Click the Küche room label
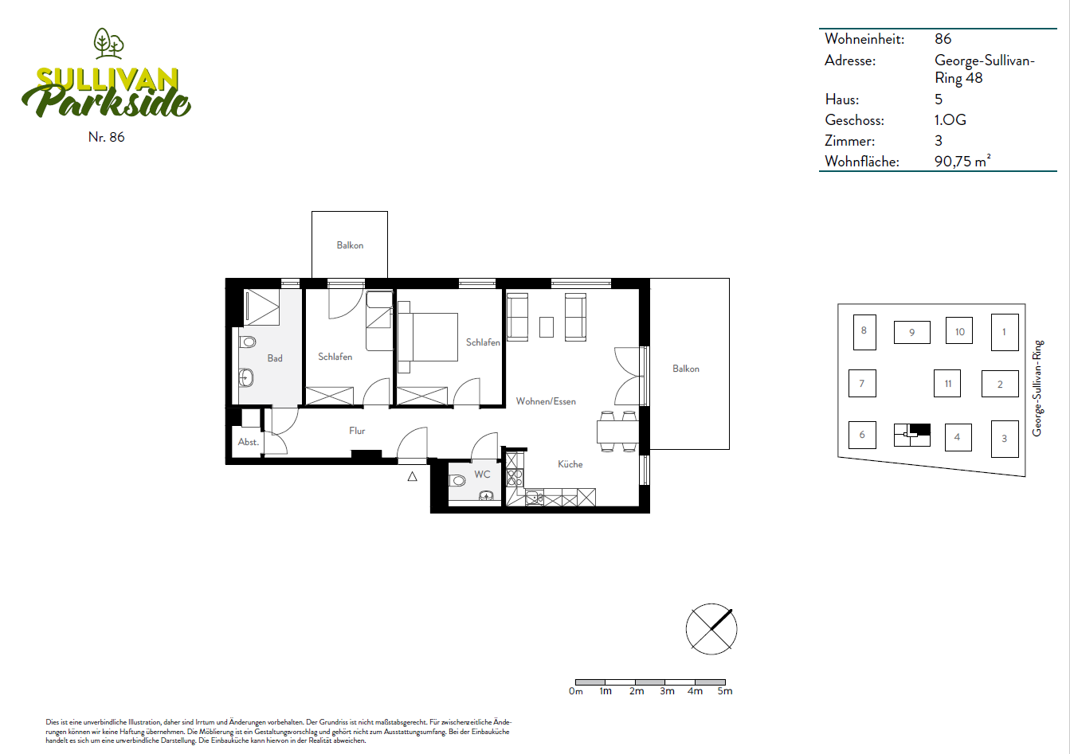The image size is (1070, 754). pyautogui.click(x=570, y=464)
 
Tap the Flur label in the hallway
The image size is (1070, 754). pyautogui.click(x=357, y=431)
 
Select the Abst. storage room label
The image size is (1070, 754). pyautogui.click(x=249, y=442)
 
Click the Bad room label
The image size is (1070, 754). pyautogui.click(x=275, y=358)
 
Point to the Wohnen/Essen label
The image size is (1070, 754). pyautogui.click(x=546, y=401)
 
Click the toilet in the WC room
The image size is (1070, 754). pyautogui.click(x=457, y=480)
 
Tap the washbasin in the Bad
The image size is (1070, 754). pyautogui.click(x=245, y=377)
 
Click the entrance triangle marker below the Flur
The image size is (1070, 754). pyautogui.click(x=412, y=476)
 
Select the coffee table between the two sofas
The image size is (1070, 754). pyautogui.click(x=547, y=327)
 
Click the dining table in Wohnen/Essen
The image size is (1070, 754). pyautogui.click(x=617, y=432)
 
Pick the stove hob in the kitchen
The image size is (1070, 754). pyautogui.click(x=515, y=477)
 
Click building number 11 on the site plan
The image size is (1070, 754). pyautogui.click(x=948, y=384)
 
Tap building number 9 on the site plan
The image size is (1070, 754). pyautogui.click(x=912, y=333)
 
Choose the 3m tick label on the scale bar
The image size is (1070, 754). pyautogui.click(x=667, y=691)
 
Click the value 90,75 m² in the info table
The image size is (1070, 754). pyautogui.click(x=962, y=161)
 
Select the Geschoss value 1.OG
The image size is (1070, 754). pyautogui.click(x=950, y=119)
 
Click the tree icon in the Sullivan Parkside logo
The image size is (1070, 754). pyautogui.click(x=109, y=44)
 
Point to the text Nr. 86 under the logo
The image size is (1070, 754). pyautogui.click(x=106, y=137)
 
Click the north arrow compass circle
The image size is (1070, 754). pyautogui.click(x=711, y=629)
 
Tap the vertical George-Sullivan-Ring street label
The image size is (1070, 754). pyautogui.click(x=1037, y=388)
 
